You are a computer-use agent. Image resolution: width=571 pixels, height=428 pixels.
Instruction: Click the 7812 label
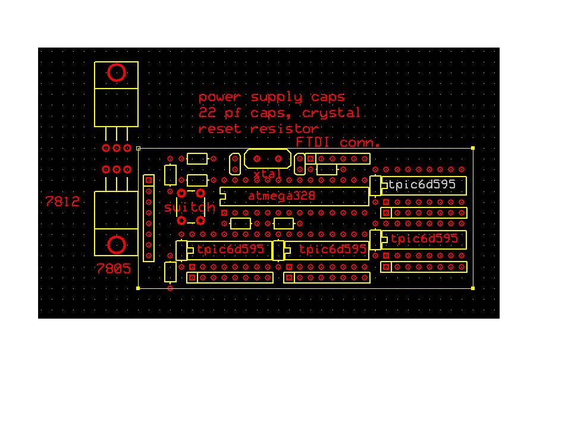[62, 202]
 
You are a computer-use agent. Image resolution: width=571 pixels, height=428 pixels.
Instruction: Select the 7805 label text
[113, 269]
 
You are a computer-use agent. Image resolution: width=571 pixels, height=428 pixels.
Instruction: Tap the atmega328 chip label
[281, 196]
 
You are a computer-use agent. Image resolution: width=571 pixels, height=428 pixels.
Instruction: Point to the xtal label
[267, 174]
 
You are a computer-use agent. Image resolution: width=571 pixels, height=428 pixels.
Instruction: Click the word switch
[190, 207]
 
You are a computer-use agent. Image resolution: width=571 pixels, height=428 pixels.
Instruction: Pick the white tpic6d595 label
[422, 184]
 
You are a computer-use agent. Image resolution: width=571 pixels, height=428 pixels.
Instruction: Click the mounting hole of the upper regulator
[117, 73]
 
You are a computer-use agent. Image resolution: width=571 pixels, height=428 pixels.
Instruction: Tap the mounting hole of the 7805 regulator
[117, 244]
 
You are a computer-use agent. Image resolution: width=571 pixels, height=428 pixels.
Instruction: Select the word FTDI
[313, 142]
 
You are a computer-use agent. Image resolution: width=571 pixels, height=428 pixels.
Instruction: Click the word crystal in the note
[331, 113]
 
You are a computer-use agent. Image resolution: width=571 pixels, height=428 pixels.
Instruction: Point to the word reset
[219, 129]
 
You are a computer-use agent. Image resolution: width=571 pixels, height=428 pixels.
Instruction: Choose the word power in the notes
[219, 97]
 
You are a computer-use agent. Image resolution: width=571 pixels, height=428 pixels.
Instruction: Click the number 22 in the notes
[207, 112]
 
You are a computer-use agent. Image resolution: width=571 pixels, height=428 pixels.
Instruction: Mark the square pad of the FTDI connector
[310, 159]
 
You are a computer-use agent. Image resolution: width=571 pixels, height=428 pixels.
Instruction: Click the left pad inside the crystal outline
[257, 159]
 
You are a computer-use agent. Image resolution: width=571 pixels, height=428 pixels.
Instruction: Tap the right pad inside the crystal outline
[278, 159]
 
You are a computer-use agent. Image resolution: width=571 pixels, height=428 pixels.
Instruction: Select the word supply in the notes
[277, 97]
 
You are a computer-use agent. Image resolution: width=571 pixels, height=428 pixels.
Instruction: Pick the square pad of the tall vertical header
[149, 180]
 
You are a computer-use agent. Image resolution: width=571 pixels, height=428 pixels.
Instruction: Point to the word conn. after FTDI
[360, 142]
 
